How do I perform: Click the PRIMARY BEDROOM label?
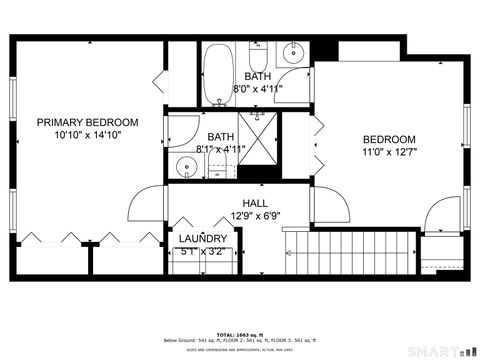(88, 122)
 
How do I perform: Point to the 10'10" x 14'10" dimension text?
(88, 134)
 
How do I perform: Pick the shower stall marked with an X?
(257, 140)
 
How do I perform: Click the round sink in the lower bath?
(185, 165)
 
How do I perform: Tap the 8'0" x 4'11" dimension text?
(258, 88)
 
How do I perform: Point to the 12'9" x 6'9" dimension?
(258, 215)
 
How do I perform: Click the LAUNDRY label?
(203, 239)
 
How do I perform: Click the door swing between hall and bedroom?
(333, 206)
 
